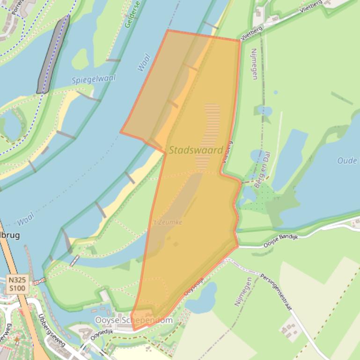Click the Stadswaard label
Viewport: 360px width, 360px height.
point(196,150)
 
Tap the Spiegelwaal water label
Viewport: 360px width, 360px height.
point(94,79)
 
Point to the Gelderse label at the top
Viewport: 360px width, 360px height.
point(132,14)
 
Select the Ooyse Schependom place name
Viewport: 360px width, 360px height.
point(133,320)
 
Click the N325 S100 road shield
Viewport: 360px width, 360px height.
point(17,284)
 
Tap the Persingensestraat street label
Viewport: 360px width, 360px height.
point(276,293)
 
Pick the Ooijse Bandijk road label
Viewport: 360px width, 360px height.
point(280,239)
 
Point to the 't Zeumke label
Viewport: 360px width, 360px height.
point(167,222)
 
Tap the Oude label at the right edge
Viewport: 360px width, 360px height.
point(347,160)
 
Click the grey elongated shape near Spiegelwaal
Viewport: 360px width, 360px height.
point(53,54)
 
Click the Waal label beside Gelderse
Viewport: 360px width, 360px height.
point(144,63)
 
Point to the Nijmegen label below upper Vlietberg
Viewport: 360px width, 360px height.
point(254,64)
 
